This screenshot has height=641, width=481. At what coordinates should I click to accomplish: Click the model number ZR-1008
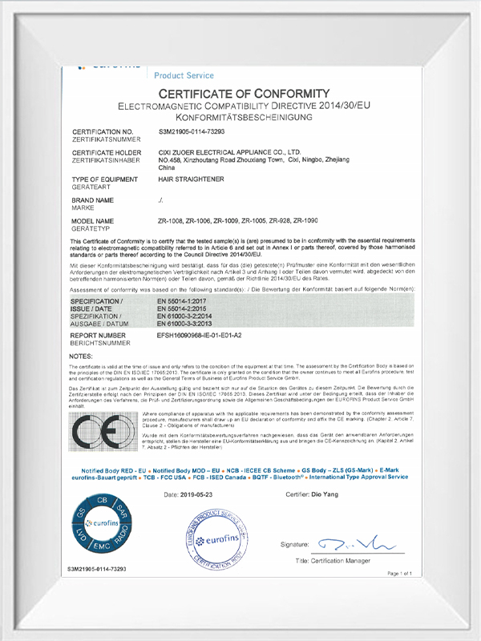(173, 220)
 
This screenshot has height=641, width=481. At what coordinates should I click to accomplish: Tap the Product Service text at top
(184, 75)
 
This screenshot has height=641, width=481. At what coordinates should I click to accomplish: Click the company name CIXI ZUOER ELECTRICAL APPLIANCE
(229, 151)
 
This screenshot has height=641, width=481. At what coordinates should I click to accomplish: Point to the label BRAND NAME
(93, 199)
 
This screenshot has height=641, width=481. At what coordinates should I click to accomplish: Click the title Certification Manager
(333, 561)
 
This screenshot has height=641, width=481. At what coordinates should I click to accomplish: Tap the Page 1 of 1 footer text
(399, 574)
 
